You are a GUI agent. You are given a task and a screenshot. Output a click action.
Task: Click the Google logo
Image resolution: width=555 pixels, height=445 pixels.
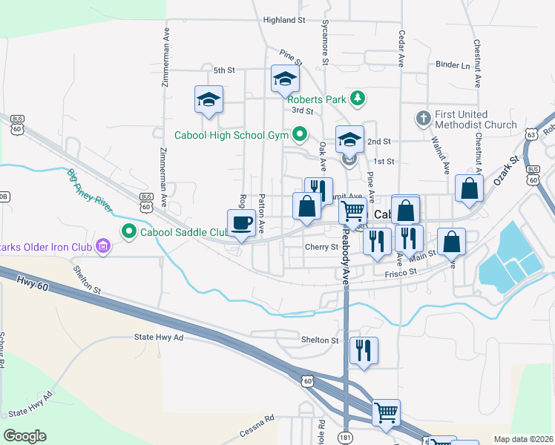coord(24,436)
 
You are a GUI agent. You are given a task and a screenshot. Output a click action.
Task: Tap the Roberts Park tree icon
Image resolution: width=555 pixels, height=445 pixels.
coord(358,98)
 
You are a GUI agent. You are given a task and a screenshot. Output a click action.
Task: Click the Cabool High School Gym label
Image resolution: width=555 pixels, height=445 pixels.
coord(232,135)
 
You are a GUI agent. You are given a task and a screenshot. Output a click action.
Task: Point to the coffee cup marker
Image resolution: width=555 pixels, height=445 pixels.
coord(242,224)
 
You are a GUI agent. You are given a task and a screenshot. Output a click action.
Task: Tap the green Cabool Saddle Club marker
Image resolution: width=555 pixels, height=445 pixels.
coord(129,232)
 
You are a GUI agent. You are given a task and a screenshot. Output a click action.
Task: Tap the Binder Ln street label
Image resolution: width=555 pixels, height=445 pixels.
coord(453,65)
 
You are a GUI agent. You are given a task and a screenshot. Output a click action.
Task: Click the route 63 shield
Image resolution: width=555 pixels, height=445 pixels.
coord(531,135)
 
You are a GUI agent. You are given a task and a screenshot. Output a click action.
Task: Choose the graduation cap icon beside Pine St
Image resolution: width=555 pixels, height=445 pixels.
coord(285,79)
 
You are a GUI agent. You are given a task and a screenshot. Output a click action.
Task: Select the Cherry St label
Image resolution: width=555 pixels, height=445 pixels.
coord(321,247)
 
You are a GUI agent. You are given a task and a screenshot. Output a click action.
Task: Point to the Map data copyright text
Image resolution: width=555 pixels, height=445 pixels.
coord(523,438)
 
